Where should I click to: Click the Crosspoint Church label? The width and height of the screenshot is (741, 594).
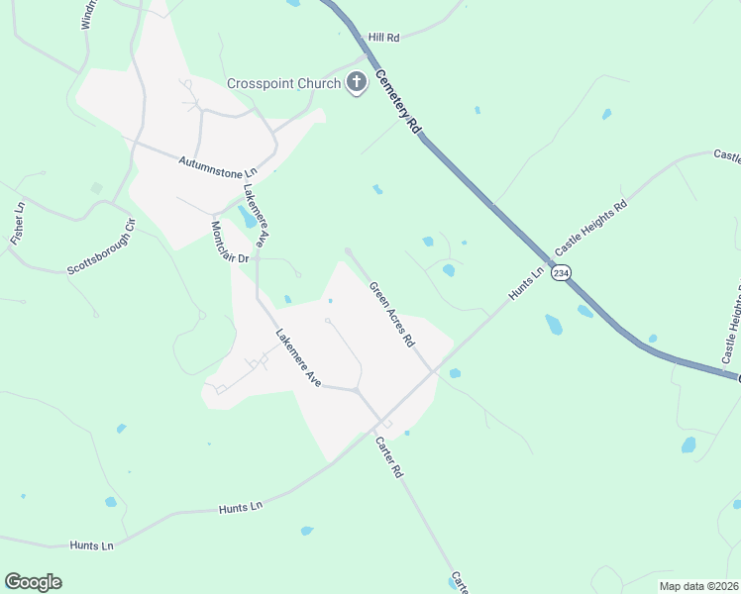(x=283, y=83)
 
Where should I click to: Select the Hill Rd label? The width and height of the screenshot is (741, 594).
(x=382, y=37)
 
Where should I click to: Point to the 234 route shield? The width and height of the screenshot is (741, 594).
(x=561, y=272)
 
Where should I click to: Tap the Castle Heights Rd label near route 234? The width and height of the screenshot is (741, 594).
(x=591, y=227)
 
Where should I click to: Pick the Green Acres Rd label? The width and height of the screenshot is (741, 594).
(x=391, y=314)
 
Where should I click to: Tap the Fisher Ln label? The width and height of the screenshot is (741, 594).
(x=17, y=224)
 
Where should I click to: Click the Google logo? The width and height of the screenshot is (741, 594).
(x=33, y=582)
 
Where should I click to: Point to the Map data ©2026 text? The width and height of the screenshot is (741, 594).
(x=698, y=585)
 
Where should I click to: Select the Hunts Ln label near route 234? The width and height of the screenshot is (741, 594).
(x=527, y=285)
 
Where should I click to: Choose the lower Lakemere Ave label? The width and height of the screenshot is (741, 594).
(x=299, y=357)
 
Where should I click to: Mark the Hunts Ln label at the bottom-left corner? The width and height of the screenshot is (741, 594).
(x=92, y=544)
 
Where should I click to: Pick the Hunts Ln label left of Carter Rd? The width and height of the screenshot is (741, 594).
(x=241, y=508)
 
